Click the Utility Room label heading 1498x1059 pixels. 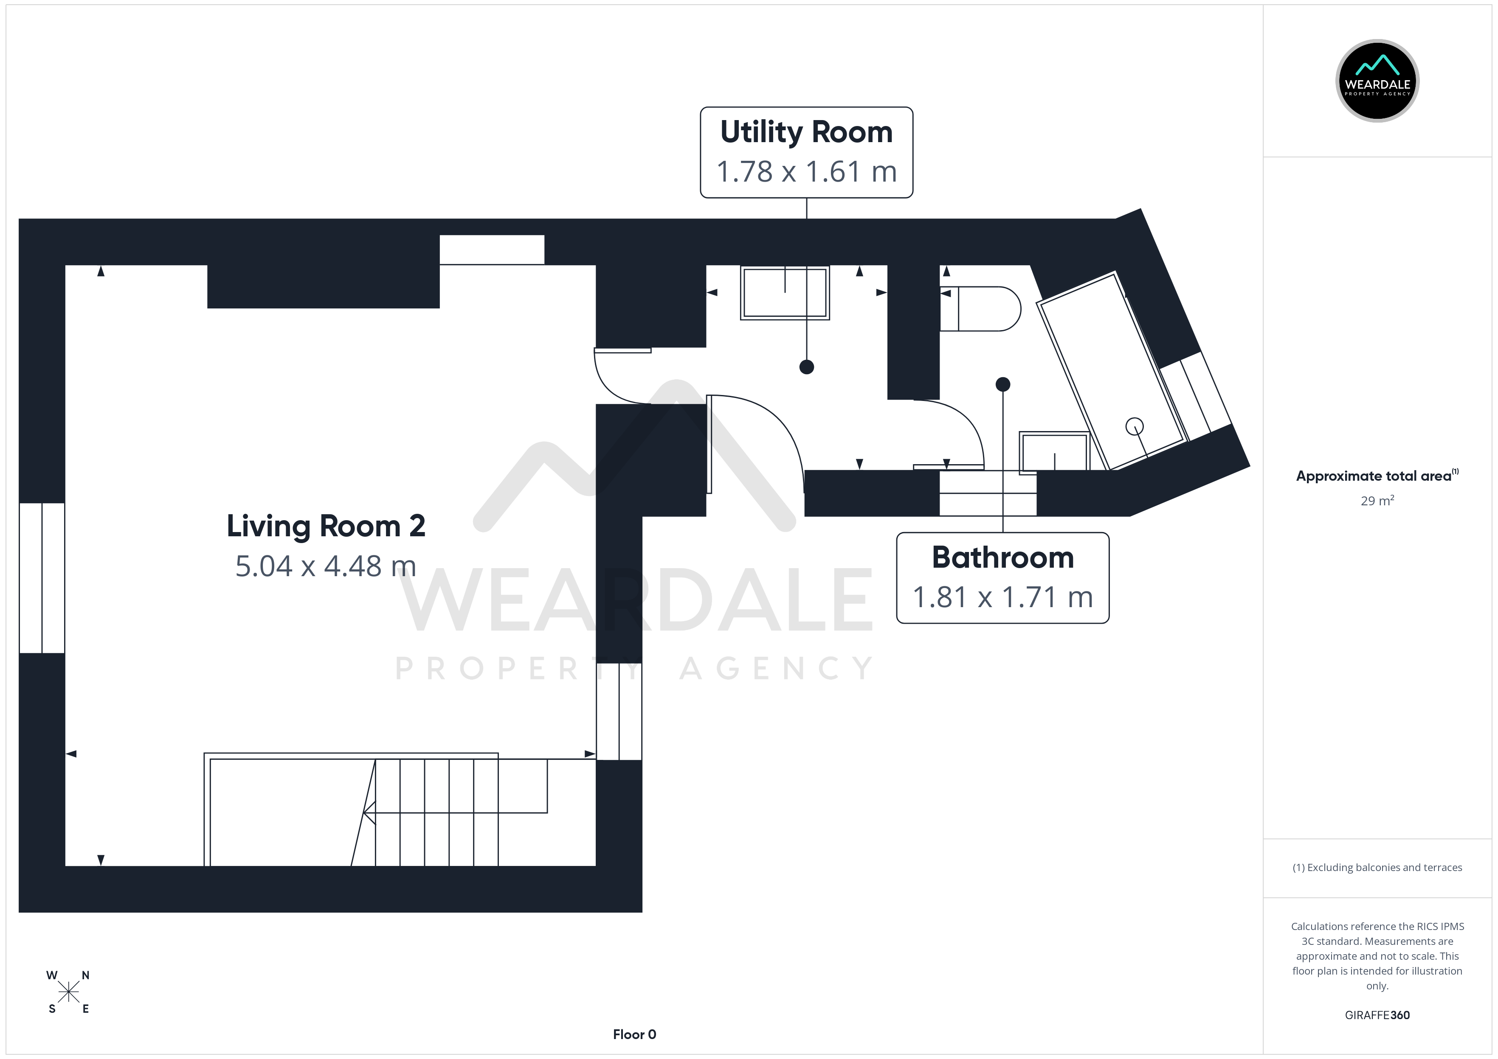point(806,132)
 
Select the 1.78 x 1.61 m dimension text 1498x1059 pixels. point(806,171)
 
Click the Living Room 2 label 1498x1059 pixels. point(326,526)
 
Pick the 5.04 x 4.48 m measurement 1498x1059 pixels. point(326,566)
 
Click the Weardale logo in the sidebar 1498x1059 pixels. point(1377,81)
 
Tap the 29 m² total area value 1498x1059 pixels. point(1377,501)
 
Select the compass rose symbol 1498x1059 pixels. point(68,992)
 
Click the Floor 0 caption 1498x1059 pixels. point(634,1034)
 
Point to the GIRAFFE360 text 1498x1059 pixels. point(1377,1015)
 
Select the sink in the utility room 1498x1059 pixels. point(785,293)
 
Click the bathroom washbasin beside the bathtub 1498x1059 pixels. point(1054,451)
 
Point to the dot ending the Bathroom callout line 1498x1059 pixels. point(1003,385)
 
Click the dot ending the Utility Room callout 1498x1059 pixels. point(806,367)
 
